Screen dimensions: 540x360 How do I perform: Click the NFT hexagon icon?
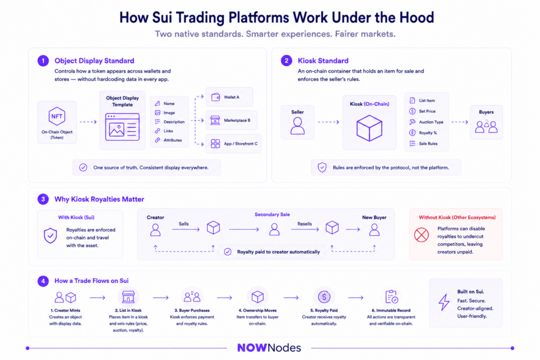click(x=57, y=116)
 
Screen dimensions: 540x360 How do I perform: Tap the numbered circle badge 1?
click(x=43, y=61)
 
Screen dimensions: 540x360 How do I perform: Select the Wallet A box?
click(x=229, y=97)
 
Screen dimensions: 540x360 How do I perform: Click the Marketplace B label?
click(x=237, y=121)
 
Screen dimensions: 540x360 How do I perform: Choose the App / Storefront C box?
click(x=234, y=143)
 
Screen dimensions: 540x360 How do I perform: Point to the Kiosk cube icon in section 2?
click(x=369, y=128)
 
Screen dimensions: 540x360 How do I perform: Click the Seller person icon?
click(x=297, y=125)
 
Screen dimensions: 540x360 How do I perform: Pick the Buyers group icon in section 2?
click(x=486, y=127)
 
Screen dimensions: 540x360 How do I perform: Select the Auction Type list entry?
click(x=426, y=122)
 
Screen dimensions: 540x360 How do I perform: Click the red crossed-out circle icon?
click(x=421, y=235)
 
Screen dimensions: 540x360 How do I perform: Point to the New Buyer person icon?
click(x=374, y=230)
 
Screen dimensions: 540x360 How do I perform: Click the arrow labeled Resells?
click(x=305, y=229)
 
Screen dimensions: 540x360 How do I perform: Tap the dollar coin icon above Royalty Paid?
click(x=324, y=297)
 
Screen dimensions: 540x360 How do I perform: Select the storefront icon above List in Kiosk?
click(x=128, y=297)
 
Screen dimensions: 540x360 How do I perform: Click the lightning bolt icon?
click(x=444, y=303)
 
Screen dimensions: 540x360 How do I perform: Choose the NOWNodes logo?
click(x=269, y=348)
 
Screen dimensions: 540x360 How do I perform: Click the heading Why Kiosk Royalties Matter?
click(x=99, y=199)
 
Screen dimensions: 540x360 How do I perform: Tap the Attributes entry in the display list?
click(x=168, y=140)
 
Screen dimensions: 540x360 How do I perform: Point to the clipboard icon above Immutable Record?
click(x=391, y=297)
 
